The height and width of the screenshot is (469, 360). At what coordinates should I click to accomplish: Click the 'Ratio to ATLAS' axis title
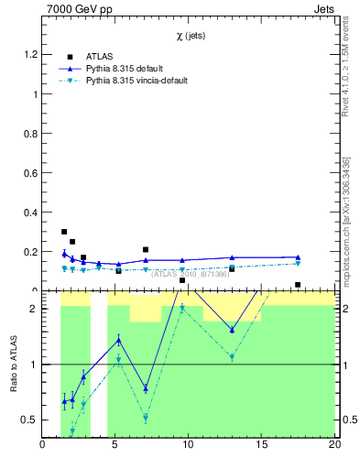(x=13, y=365)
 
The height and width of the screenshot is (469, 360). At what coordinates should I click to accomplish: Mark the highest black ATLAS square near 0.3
(x=64, y=232)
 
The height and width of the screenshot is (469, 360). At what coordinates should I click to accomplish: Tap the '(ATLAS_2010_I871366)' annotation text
(x=191, y=273)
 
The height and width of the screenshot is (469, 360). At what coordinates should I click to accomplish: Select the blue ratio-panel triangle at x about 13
(x=232, y=330)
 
